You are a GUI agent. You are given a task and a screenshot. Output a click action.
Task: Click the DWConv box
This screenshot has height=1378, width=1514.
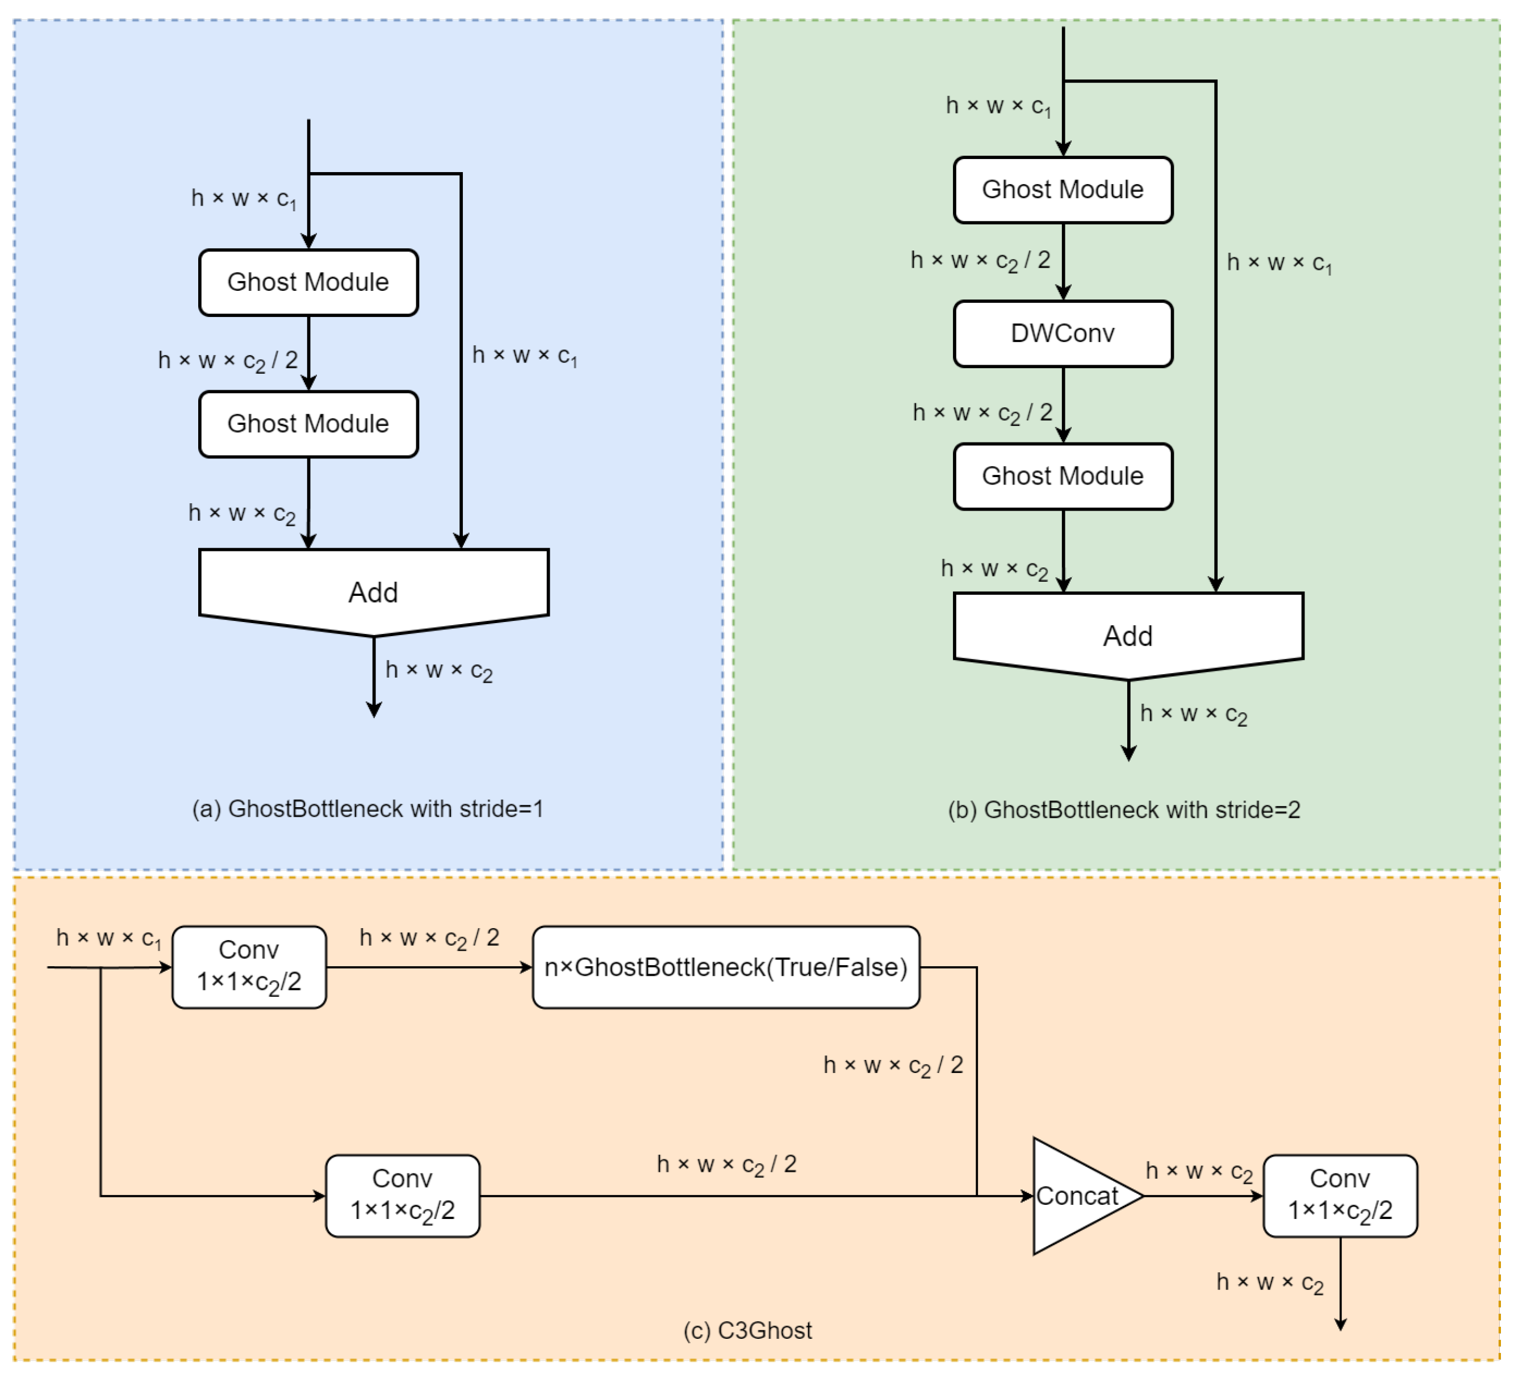tap(1063, 333)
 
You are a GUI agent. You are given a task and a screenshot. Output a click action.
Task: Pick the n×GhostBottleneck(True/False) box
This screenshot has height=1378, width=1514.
tap(725, 967)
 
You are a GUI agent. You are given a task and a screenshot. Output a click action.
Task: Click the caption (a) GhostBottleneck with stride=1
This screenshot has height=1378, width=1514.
tap(367, 809)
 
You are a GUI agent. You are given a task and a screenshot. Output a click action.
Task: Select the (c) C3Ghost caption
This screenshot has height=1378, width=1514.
tap(747, 1330)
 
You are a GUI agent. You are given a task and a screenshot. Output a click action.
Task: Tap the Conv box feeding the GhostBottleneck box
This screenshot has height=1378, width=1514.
tap(249, 967)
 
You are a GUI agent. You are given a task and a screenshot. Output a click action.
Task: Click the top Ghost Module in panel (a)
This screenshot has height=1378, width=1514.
tap(308, 282)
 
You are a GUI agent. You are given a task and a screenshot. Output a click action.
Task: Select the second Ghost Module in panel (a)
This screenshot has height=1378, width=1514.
tap(308, 424)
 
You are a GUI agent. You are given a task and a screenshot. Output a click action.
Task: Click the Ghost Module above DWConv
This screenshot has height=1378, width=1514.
tap(1063, 190)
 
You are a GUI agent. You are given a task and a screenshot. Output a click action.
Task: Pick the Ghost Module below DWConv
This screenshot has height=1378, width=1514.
tap(1063, 476)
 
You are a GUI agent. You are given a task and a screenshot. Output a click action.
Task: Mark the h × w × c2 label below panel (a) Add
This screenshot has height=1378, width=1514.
tap(438, 670)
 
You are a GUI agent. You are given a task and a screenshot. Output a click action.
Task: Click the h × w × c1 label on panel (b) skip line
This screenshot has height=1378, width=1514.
tap(1279, 263)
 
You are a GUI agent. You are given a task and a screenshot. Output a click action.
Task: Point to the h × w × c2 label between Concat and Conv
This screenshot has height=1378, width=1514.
tap(1199, 1171)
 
